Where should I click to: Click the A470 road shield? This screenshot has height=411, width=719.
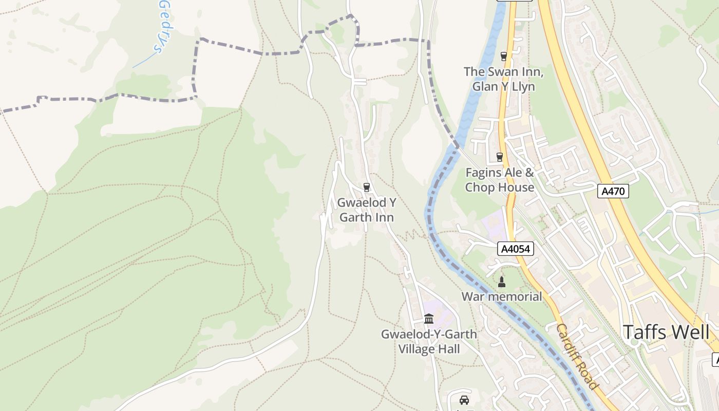click(x=613, y=192)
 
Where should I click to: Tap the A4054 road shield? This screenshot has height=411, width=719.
click(x=516, y=249)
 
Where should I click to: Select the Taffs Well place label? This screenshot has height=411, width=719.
click(x=666, y=332)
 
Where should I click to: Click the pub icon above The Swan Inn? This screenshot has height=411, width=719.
click(x=503, y=57)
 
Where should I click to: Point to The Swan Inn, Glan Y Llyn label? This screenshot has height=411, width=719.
click(x=503, y=79)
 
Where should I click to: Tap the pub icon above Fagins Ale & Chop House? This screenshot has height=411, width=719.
click(x=499, y=157)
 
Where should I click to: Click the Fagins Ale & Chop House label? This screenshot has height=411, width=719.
click(x=500, y=180)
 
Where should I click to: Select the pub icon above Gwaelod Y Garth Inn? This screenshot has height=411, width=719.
click(x=366, y=187)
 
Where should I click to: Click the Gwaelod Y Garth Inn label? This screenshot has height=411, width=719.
click(x=366, y=210)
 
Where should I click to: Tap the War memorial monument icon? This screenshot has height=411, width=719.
click(x=502, y=282)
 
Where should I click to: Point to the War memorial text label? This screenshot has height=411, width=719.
click(x=501, y=296)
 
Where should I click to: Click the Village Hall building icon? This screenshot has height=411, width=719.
click(x=429, y=319)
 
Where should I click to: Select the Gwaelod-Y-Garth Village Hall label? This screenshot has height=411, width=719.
click(x=429, y=342)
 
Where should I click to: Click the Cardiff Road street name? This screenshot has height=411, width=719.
click(x=577, y=356)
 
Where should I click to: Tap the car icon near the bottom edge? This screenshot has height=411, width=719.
click(x=464, y=400)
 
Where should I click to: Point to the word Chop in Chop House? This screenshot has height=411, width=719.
click(x=479, y=188)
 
